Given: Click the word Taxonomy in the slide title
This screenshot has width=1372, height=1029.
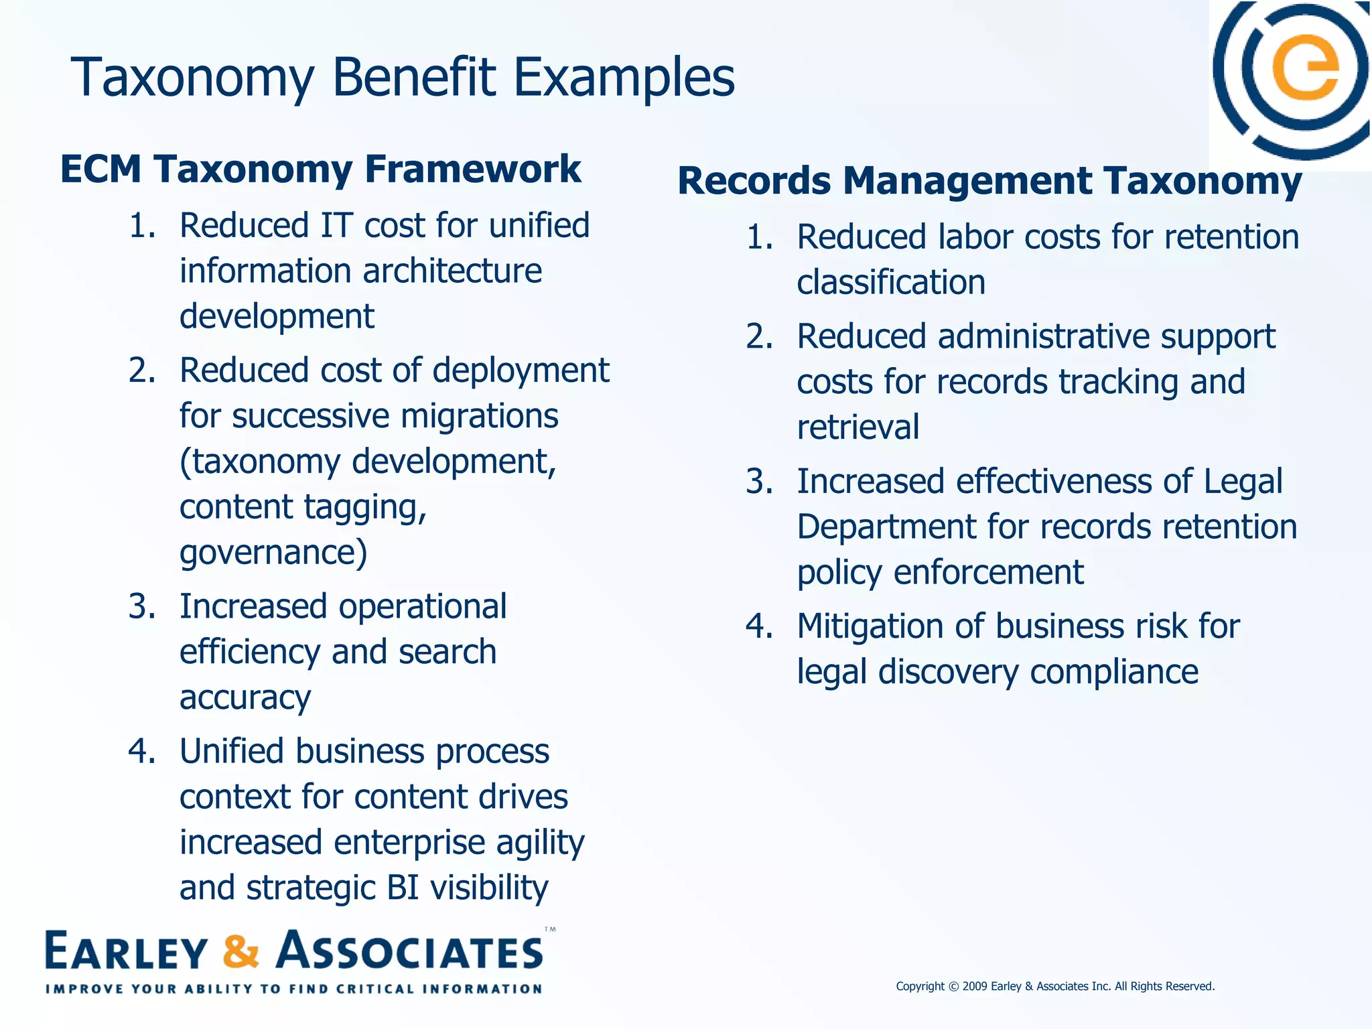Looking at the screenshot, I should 192,79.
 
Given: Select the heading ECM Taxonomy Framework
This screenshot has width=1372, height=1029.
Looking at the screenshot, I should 320,169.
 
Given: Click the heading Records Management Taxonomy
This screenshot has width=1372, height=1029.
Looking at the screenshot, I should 989,181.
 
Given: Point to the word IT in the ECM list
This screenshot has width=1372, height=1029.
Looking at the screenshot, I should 336,225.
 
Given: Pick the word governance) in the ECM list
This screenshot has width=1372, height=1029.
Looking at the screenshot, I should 273,553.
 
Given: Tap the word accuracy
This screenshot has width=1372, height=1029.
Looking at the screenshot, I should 245,698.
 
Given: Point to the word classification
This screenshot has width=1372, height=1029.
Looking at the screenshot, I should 891,283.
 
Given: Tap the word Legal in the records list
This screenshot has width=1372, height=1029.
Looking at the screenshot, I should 1243,482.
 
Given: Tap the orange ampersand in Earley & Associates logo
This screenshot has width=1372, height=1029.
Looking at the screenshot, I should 241,951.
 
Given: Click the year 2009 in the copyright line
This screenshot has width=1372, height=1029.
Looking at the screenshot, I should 975,986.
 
